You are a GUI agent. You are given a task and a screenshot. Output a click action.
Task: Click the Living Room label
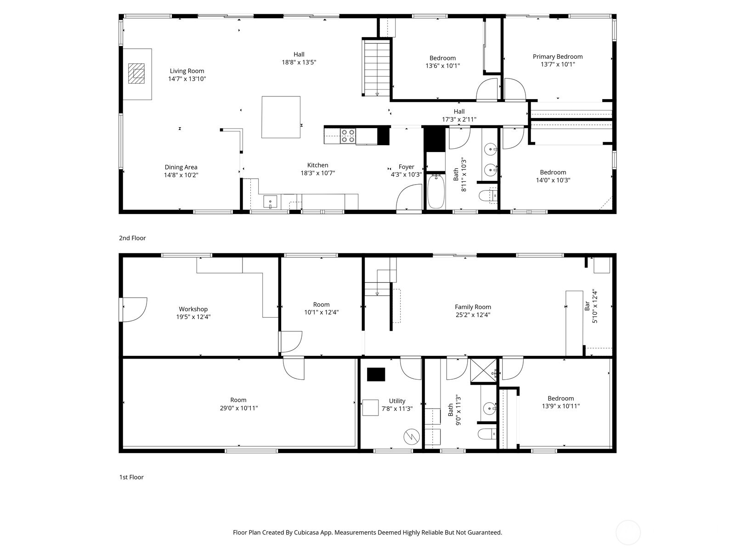[187, 71]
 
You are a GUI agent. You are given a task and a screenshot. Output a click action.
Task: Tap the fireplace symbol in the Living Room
[136, 73]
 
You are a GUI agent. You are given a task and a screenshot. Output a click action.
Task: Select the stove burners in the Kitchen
[348, 136]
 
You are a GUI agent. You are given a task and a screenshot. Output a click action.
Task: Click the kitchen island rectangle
[281, 117]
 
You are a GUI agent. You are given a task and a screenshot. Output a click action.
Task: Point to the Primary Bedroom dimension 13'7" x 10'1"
[558, 64]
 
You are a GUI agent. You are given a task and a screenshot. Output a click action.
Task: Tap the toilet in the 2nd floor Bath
[487, 196]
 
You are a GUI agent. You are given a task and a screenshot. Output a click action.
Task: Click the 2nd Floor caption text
[132, 238]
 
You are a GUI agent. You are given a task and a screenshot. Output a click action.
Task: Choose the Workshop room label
[193, 309]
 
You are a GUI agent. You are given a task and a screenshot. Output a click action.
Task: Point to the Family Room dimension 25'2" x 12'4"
[473, 315]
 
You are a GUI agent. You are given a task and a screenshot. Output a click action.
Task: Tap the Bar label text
[587, 306]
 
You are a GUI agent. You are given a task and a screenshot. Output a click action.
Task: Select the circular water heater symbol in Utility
[412, 437]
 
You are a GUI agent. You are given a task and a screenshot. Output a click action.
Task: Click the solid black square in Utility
[376, 374]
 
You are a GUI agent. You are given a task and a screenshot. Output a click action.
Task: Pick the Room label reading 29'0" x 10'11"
[238, 408]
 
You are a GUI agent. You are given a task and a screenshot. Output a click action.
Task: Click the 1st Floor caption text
[131, 477]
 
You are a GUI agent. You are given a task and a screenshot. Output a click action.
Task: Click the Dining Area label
[181, 167]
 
